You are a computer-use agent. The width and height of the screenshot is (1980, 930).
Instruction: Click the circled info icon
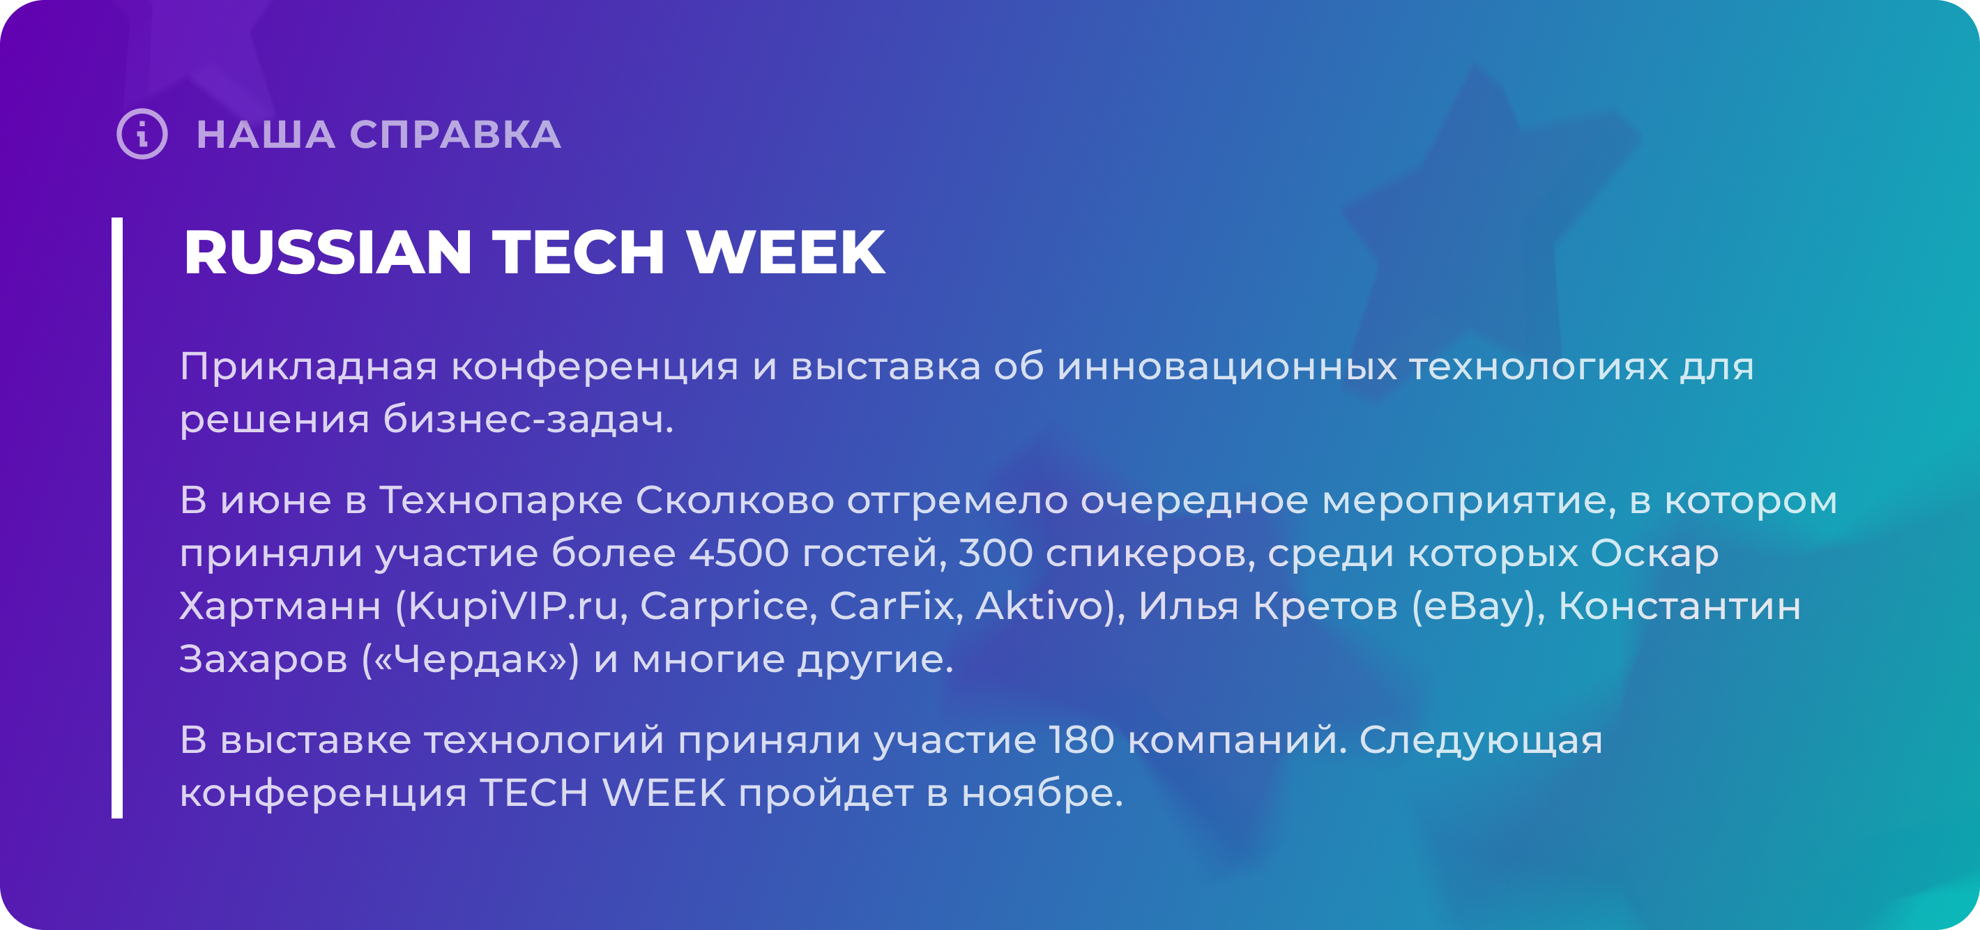pyautogui.click(x=142, y=135)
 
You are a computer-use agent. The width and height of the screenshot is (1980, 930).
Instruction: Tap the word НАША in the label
pyautogui.click(x=266, y=135)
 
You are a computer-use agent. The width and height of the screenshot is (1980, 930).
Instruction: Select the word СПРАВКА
pyautogui.click(x=456, y=135)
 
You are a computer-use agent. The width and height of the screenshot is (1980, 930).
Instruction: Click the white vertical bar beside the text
pyautogui.click(x=117, y=518)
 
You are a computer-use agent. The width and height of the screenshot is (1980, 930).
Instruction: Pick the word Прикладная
pyautogui.click(x=309, y=367)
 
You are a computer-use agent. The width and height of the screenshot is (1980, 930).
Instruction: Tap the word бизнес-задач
pyautogui.click(x=528, y=420)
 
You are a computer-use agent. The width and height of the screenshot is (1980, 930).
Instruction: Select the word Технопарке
pyautogui.click(x=501, y=501)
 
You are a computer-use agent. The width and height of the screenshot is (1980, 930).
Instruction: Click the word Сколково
pyautogui.click(x=735, y=501)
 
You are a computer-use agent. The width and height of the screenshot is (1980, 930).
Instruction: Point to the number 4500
pyautogui.click(x=738, y=554)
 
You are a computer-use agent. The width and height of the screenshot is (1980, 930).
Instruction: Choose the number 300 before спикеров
pyautogui.click(x=996, y=554)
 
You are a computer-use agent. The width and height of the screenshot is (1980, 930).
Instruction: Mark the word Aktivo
pyautogui.click(x=1040, y=606)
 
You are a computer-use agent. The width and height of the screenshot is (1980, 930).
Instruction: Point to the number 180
pyautogui.click(x=1081, y=740)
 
